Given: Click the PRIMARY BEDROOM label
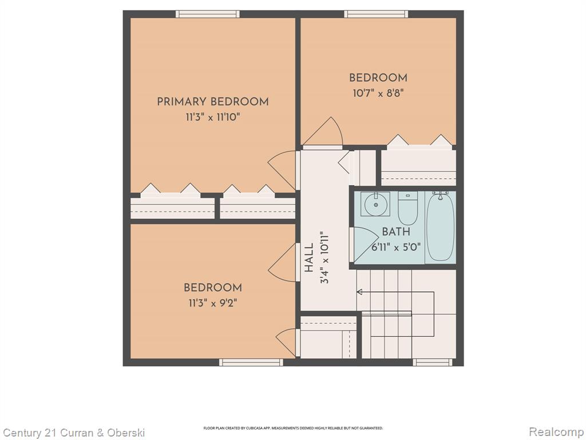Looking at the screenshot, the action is click(x=213, y=102).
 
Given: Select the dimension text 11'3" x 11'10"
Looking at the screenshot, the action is click(x=213, y=117).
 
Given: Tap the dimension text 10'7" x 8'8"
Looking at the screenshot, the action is click(x=378, y=93).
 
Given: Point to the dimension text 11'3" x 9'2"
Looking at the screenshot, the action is click(x=213, y=302).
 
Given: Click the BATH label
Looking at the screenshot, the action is click(x=396, y=232).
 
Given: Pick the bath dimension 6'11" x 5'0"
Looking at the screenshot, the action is click(x=396, y=247).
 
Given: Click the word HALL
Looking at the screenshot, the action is click(x=309, y=258).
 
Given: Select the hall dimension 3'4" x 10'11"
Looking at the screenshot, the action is click(x=324, y=257).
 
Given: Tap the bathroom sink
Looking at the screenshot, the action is click(x=375, y=204).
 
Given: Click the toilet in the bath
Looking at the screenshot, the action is click(x=407, y=208).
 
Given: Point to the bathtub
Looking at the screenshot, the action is click(x=441, y=226).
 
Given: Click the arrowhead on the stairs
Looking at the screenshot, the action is click(x=359, y=292).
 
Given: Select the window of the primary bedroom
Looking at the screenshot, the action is click(x=208, y=14).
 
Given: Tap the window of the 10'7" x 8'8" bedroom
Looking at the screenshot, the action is click(x=376, y=14).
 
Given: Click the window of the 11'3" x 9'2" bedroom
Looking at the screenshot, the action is click(x=251, y=362).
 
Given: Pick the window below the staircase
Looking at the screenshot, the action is click(x=433, y=362).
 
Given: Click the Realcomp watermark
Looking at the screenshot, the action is click(x=556, y=432).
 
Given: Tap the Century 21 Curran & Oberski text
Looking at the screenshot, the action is click(x=73, y=433).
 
